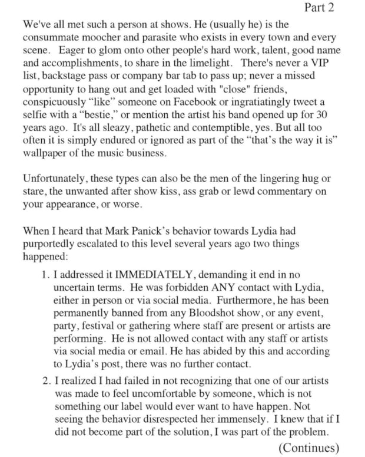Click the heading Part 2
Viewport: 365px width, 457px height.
coord(319,8)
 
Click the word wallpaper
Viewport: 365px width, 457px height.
coord(49,153)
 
